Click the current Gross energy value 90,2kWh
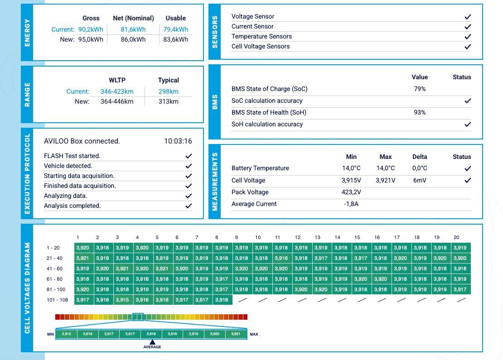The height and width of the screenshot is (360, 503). click(x=91, y=29)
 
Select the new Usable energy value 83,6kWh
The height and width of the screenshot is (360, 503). click(x=176, y=39)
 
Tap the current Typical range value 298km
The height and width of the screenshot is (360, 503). click(x=169, y=91)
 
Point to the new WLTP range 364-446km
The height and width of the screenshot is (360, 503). click(x=117, y=101)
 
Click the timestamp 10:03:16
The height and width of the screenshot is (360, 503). click(x=178, y=141)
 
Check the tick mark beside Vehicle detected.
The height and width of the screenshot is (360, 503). click(x=189, y=166)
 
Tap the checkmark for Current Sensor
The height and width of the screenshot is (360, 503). click(x=468, y=27)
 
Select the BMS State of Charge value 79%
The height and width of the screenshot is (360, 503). click(x=420, y=89)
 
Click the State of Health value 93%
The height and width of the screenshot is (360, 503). click(x=420, y=112)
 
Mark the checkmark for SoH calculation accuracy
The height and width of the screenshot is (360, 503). click(x=468, y=124)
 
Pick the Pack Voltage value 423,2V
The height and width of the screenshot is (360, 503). click(x=351, y=192)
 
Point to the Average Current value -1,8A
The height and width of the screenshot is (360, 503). click(x=351, y=204)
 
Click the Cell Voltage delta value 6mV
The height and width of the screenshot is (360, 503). click(x=420, y=181)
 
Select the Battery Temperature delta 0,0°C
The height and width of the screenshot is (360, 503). click(x=420, y=168)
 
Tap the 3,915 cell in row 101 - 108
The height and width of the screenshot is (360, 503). click(x=122, y=300)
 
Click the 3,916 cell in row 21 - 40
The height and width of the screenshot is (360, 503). click(x=281, y=258)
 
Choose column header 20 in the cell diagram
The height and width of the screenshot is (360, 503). click(x=456, y=238)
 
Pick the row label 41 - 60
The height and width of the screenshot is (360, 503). click(x=54, y=269)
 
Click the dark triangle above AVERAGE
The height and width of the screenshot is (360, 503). click(x=152, y=342)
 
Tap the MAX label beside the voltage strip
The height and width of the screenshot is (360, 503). click(x=254, y=334)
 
